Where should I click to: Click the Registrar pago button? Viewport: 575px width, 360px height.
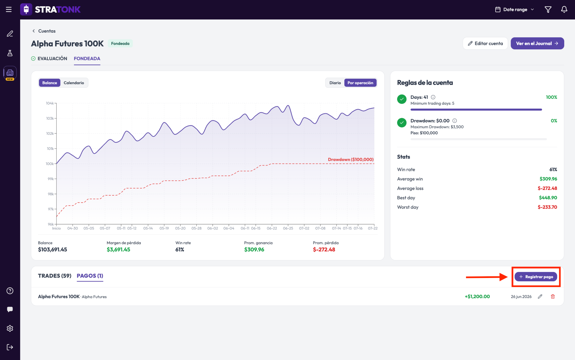(x=536, y=277)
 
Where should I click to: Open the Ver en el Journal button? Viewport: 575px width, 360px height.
(x=537, y=43)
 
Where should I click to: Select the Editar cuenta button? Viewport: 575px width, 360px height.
(x=485, y=43)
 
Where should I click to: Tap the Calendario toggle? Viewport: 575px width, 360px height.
(x=74, y=83)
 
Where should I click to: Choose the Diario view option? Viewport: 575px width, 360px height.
(x=335, y=83)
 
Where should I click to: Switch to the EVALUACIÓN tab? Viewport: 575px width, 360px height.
(x=49, y=59)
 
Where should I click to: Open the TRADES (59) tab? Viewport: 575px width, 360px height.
(x=55, y=276)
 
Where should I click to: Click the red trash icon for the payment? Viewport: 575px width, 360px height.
(x=553, y=297)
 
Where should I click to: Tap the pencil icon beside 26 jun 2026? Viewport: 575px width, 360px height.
(x=540, y=297)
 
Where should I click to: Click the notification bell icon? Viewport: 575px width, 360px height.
(x=564, y=10)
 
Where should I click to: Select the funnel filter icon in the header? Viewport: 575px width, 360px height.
(x=548, y=10)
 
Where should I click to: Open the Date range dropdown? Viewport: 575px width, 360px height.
(x=515, y=10)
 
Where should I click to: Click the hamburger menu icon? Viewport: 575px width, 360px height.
(x=9, y=10)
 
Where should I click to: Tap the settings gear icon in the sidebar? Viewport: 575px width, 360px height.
(x=10, y=328)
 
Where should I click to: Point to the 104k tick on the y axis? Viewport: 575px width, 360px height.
(x=50, y=103)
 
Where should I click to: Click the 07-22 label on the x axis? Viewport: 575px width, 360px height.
(x=373, y=228)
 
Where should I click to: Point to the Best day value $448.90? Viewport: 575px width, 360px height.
(x=548, y=198)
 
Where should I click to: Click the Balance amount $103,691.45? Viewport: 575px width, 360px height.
(x=52, y=250)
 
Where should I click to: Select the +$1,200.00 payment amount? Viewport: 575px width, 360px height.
(x=477, y=297)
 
